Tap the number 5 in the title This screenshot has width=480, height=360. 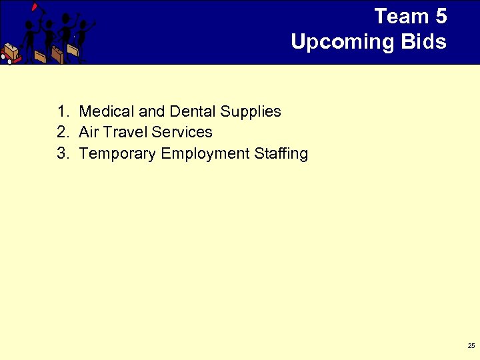pyautogui.click(x=441, y=16)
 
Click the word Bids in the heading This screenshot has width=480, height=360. pyautogui.click(x=424, y=42)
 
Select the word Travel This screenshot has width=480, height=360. pyautogui.click(x=125, y=132)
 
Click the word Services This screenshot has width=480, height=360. pyautogui.click(x=182, y=132)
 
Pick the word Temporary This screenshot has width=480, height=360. pyautogui.click(x=117, y=154)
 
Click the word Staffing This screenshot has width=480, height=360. pyautogui.click(x=281, y=154)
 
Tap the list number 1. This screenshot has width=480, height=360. pyautogui.click(x=62, y=111)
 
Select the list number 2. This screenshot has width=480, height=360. pyautogui.click(x=62, y=132)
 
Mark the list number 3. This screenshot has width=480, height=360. pyautogui.click(x=62, y=154)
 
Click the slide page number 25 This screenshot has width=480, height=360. pyautogui.click(x=471, y=345)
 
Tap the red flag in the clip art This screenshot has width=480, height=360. pyautogui.click(x=34, y=7)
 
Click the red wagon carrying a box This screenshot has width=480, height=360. pyautogui.click(x=9, y=53)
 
